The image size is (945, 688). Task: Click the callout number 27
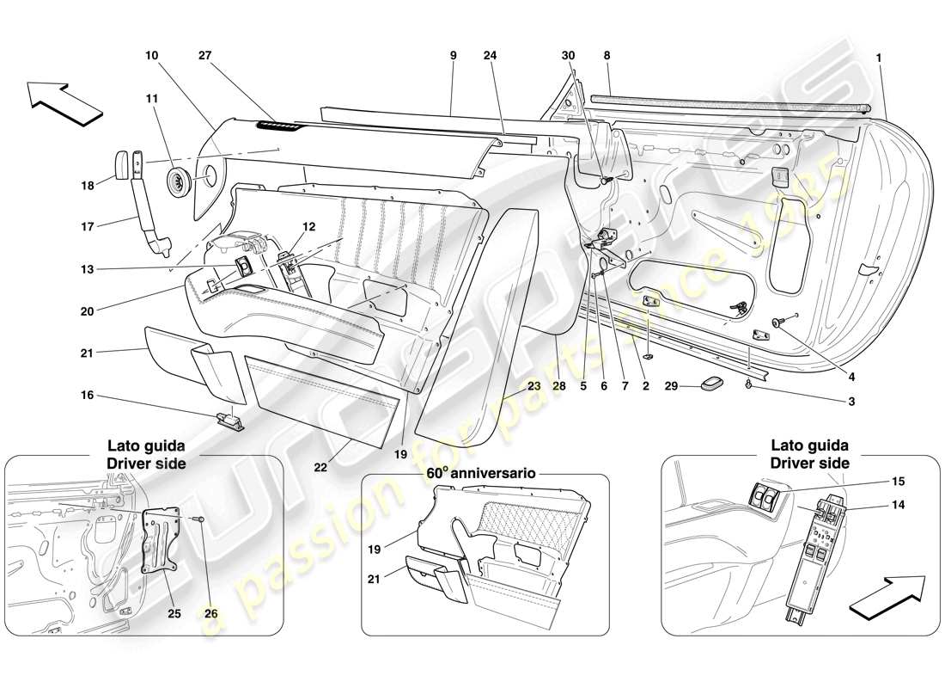point(205,56)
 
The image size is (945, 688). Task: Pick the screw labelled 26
point(198,519)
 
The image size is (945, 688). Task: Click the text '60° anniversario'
point(480,473)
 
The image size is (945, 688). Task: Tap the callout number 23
point(534,387)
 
